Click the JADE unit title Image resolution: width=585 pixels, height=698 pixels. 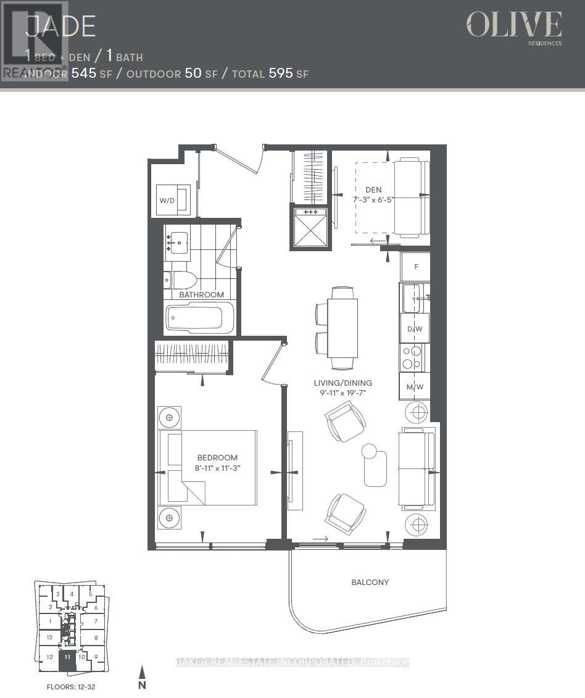[x=60, y=27]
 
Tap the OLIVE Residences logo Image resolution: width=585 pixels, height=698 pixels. [x=513, y=27]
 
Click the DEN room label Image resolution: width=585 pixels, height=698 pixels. [x=373, y=189]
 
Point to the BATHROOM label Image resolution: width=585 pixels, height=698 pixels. [x=201, y=294]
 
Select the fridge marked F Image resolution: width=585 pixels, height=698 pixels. [x=416, y=267]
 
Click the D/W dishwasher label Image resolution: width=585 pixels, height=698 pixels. [x=415, y=329]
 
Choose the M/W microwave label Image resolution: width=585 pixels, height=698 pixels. [x=415, y=386]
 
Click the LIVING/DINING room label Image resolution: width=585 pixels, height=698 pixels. [x=342, y=383]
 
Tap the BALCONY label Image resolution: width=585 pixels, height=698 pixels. [x=370, y=582]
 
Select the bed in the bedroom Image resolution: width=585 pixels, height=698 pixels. [x=207, y=467]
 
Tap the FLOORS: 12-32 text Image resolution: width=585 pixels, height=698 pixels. [x=71, y=686]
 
